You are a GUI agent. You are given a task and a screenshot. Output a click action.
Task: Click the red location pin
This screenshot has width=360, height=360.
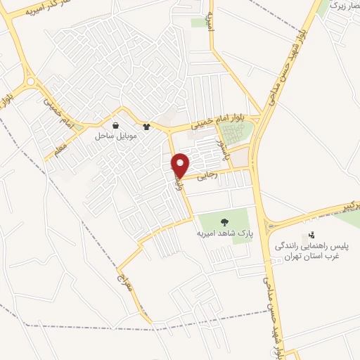coord(181,165)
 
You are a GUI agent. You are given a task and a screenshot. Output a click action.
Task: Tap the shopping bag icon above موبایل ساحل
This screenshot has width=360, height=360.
coord(115,126)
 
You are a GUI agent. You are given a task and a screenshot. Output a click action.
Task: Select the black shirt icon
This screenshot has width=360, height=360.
coord(146,127)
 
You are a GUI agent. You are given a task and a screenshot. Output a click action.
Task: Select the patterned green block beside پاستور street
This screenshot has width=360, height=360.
coord(236,133)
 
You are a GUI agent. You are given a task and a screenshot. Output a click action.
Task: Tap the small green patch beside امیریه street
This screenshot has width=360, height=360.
coord(200,22)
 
